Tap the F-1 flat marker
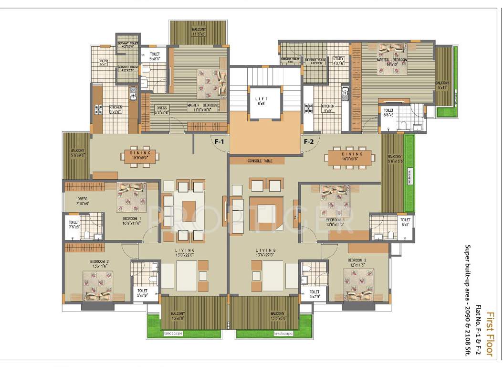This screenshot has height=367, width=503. click(x=219, y=141)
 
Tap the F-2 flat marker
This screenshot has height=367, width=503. click(x=308, y=141)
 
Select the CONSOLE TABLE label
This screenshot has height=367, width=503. click(x=260, y=161)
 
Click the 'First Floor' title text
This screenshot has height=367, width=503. click(x=489, y=334)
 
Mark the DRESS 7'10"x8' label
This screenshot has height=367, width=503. click(x=82, y=201)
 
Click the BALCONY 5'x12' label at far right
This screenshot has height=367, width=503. click(x=442, y=85)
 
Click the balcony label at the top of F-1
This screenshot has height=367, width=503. click(x=199, y=32)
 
